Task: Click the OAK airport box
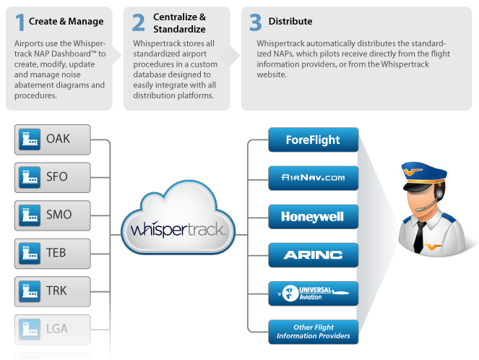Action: (x=52, y=140)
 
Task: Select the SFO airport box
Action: (x=52, y=177)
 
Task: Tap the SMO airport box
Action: (x=52, y=215)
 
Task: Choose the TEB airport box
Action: (x=52, y=253)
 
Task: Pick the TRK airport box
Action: (x=52, y=291)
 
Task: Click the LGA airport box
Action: (x=52, y=329)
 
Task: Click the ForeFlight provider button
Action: (x=313, y=140)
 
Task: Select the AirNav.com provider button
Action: (x=313, y=178)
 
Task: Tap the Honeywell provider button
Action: (x=313, y=216)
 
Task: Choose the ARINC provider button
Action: (x=313, y=254)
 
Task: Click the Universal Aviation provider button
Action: (x=313, y=293)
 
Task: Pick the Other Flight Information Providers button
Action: (x=313, y=331)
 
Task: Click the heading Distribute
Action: (x=290, y=22)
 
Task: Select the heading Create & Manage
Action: (x=66, y=22)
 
